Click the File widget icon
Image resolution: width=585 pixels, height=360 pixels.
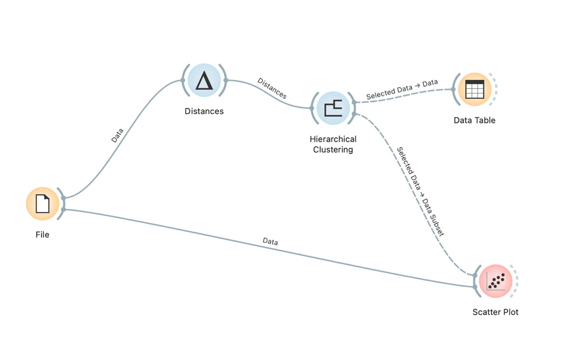point(42,204)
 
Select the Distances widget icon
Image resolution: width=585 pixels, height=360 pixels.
point(204,80)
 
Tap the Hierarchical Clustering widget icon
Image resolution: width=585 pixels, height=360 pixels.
point(333,108)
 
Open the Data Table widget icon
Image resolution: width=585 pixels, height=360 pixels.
point(475,89)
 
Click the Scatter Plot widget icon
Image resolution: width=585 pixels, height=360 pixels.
point(495,281)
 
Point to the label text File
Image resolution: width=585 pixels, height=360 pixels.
point(42,234)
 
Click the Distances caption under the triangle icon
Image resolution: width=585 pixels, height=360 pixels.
point(204,111)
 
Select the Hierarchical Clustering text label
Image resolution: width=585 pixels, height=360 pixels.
point(333,144)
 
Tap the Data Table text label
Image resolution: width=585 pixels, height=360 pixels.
point(475,121)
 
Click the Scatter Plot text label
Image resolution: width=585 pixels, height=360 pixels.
point(495,312)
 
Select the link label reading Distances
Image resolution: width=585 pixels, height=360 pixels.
point(272,88)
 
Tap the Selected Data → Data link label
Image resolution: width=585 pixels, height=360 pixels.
point(402,89)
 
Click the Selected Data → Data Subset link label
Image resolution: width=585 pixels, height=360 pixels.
point(420,191)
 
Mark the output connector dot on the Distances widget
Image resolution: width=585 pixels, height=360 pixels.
point(226,80)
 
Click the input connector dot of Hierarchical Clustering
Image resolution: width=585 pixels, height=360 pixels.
point(312,108)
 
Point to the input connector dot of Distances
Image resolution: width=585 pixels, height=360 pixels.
point(182,80)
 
